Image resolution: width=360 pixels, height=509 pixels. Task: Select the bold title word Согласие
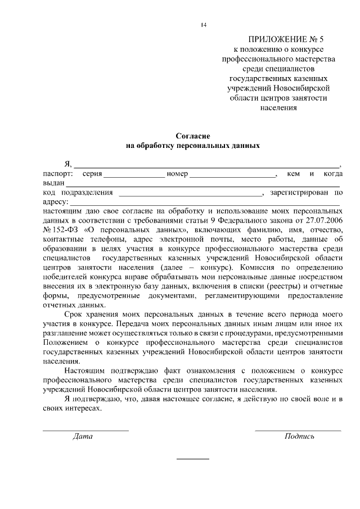(x=192, y=136)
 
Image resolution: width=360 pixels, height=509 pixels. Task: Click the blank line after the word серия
(x=134, y=177)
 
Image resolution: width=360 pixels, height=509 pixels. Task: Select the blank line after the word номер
(x=232, y=177)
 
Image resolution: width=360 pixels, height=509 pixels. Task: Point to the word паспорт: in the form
(x=57, y=174)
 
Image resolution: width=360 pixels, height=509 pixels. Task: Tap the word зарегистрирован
(x=299, y=192)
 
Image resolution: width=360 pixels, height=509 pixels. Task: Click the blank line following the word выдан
(x=202, y=186)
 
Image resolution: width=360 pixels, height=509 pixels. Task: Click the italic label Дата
(x=83, y=436)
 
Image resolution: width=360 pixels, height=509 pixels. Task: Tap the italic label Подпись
(x=299, y=436)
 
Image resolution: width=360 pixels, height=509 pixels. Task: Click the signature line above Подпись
(x=298, y=431)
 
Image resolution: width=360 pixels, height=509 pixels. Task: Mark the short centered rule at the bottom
(x=192, y=460)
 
